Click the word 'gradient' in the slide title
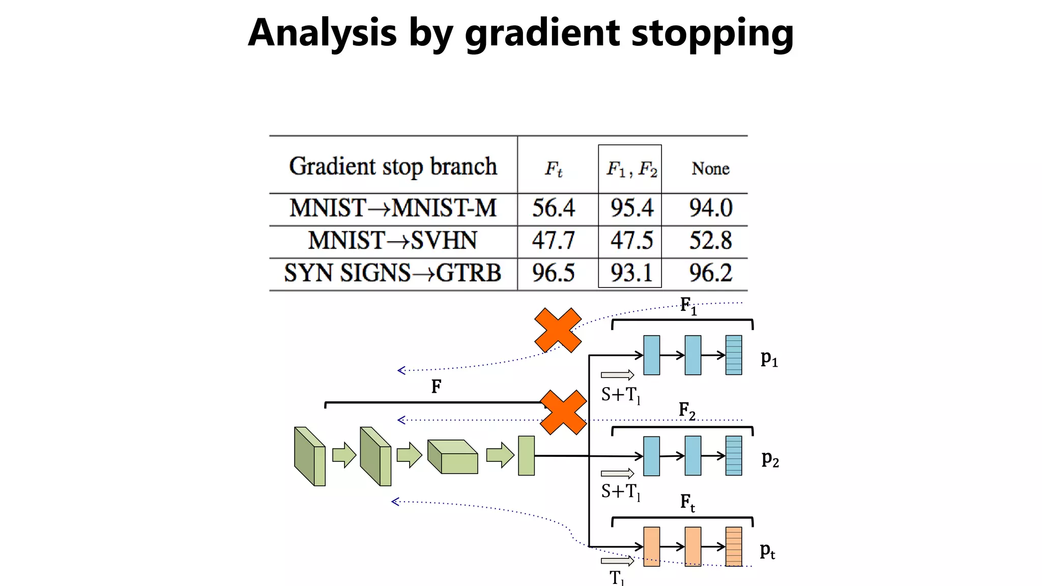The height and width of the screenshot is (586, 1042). click(x=542, y=33)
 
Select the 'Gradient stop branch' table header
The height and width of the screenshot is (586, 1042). click(x=393, y=166)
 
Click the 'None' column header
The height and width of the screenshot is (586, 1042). click(x=710, y=168)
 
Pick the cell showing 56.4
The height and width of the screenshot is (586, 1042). click(x=553, y=208)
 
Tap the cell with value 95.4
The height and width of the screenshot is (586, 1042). click(x=631, y=208)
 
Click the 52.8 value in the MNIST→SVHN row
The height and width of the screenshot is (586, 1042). click(x=710, y=241)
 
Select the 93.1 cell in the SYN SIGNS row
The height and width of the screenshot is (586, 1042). click(x=631, y=273)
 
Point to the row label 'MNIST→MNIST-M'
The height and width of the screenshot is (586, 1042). click(x=393, y=208)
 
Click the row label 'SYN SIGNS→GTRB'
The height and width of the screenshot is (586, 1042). click(x=393, y=273)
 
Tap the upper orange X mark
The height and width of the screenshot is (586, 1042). click(x=558, y=330)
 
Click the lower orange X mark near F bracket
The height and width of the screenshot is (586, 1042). click(x=563, y=413)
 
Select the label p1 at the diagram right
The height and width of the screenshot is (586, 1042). click(x=769, y=359)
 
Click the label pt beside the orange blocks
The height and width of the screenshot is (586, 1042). click(x=767, y=551)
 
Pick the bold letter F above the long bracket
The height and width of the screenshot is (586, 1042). click(x=436, y=387)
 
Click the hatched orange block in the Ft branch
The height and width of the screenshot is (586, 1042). click(x=733, y=547)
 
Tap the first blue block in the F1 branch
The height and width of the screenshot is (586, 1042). click(x=652, y=355)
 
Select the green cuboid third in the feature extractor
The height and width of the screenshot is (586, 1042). click(x=452, y=457)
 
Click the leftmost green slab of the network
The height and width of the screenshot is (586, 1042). click(x=309, y=456)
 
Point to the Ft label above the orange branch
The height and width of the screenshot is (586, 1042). click(x=687, y=503)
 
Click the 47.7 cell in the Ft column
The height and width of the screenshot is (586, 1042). click(x=553, y=241)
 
